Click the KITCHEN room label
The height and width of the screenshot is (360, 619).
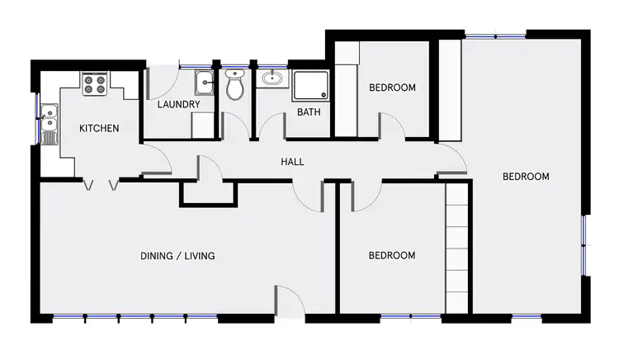pos(99,129)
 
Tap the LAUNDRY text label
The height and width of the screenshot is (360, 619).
pos(178,105)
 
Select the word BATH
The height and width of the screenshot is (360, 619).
pos(309,112)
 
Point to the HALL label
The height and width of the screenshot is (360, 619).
pos(292,162)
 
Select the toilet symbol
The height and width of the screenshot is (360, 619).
pos(235,84)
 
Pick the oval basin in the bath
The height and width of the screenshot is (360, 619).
pos(271,79)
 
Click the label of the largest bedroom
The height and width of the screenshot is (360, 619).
pos(526,177)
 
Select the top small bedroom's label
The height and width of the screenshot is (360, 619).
pos(392,88)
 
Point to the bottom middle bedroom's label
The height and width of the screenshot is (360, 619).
pos(391,256)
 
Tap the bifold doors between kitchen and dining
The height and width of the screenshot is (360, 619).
pos(101,186)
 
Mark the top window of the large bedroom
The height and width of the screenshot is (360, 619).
pos(495,35)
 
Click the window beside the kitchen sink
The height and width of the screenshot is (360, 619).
pos(36,117)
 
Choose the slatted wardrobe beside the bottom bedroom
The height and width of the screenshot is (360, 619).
pos(457,248)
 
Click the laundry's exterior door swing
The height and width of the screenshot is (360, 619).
pos(162,83)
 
